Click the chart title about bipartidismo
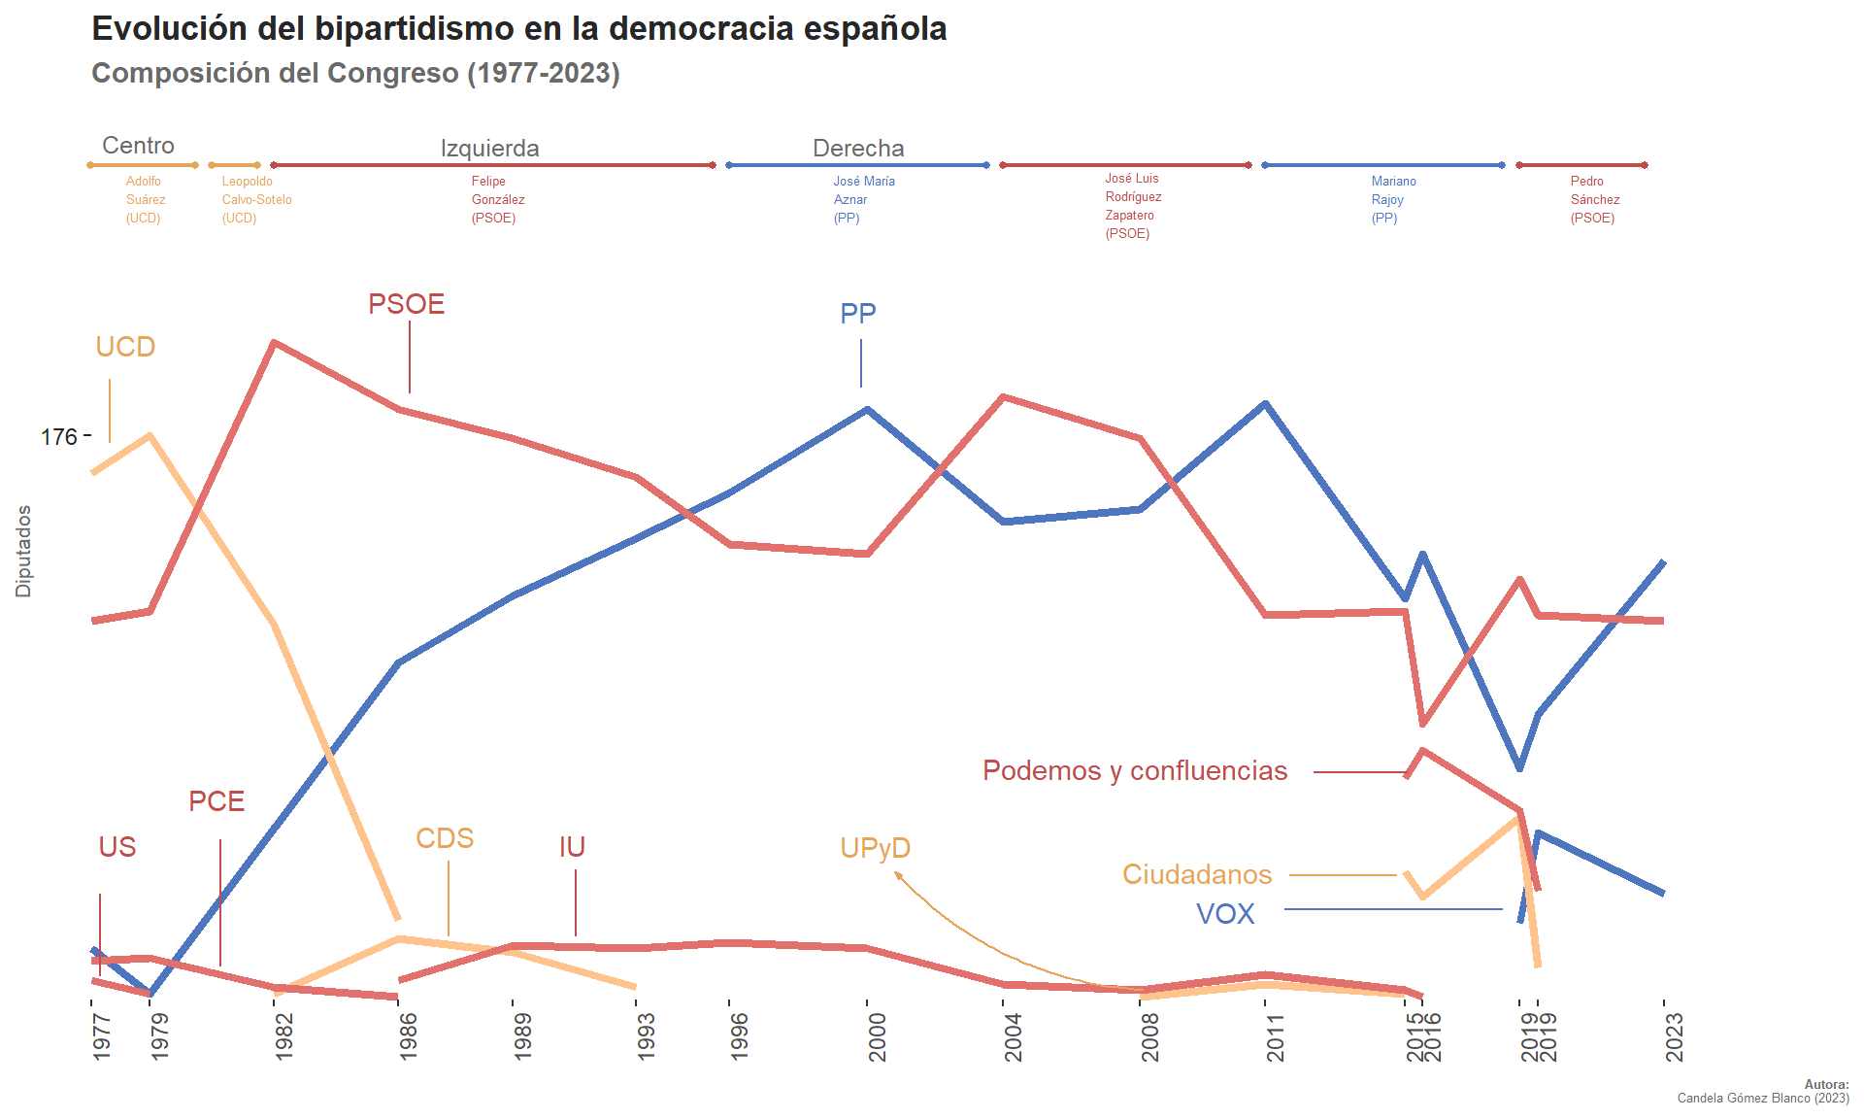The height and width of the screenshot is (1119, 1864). pos(518,29)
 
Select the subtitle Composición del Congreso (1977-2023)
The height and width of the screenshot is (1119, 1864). pos(355,73)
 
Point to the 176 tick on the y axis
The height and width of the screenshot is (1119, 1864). pos(58,437)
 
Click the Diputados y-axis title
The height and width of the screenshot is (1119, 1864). pos(23,551)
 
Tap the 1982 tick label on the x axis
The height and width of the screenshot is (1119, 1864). pos(283,1036)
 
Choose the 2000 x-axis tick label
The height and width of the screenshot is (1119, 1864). pos(877,1036)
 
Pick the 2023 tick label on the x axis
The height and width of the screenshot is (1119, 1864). pos(1674,1036)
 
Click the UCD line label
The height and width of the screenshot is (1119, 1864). pos(125,347)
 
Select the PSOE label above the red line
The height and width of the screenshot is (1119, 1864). pos(406,304)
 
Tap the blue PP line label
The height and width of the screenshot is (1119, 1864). pos(858,314)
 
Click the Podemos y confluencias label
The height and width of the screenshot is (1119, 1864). pos(1135,770)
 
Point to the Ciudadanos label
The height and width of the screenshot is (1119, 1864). pos(1196,874)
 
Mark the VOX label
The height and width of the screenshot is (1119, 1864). pos(1225,914)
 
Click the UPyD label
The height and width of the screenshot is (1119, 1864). pos(875,848)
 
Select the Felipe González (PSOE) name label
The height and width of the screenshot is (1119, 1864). pos(497,199)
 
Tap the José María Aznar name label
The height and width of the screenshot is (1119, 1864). pos(863,199)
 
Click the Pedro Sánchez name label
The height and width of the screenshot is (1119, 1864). pos(1594,199)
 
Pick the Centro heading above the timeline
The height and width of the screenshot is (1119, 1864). pos(138,146)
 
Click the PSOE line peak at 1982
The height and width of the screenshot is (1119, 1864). pos(276,342)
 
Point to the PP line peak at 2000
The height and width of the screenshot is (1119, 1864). pos(867,409)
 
